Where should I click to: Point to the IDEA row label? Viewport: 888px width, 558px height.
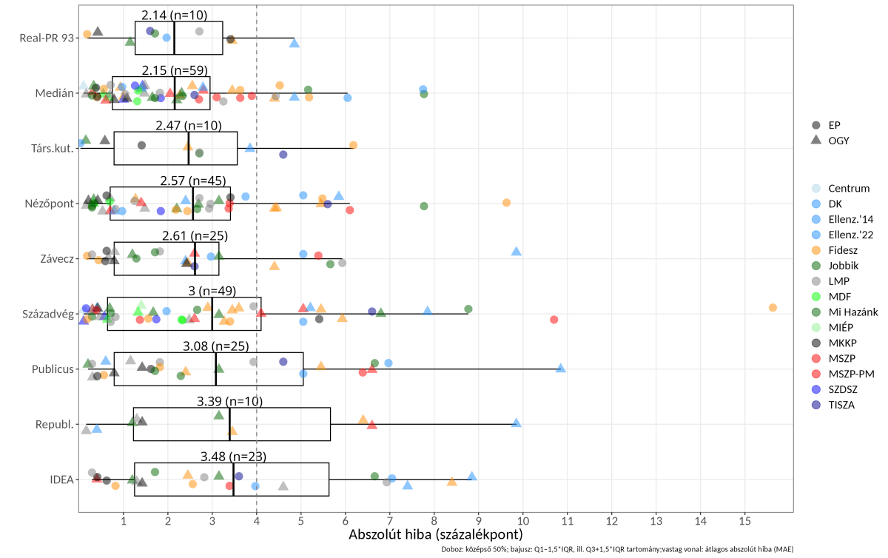(x=61, y=480)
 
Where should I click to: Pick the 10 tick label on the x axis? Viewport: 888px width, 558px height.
(x=523, y=520)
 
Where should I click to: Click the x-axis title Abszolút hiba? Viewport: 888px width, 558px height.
(x=436, y=534)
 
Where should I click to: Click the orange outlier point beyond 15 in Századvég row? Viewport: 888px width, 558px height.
(x=773, y=307)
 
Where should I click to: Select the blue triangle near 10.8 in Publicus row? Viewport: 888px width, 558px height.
(x=561, y=368)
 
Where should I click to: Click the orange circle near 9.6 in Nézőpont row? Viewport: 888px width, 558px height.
(x=506, y=203)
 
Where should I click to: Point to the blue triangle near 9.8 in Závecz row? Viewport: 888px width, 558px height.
(x=517, y=252)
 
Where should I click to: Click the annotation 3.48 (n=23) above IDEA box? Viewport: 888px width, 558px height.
(x=233, y=457)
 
